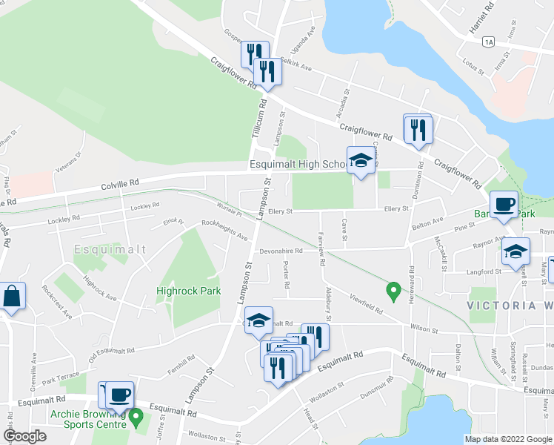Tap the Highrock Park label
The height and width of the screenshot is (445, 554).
[189, 291]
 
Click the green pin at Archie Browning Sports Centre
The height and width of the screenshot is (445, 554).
[136, 416]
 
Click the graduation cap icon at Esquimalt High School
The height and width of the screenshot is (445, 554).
[360, 162]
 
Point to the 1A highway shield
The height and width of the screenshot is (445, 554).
[486, 42]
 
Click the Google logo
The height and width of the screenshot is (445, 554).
[24, 436]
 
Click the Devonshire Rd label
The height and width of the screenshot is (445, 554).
[281, 251]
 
